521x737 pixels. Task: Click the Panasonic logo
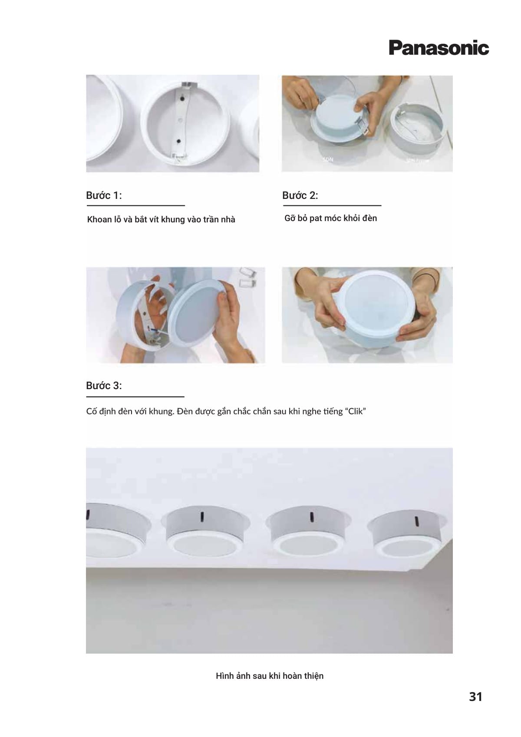439,48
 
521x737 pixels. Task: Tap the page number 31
475,697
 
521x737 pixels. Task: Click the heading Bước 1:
104,195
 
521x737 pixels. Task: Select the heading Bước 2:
300,195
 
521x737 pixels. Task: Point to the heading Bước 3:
104,386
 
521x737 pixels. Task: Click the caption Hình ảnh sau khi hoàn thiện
270,676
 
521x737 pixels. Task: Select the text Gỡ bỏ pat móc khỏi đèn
330,218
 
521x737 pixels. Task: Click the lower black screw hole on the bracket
178,141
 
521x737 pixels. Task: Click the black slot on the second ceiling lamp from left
202,517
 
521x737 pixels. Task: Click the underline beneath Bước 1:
136,205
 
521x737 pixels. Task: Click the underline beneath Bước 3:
135,397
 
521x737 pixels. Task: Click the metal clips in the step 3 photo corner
247,277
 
